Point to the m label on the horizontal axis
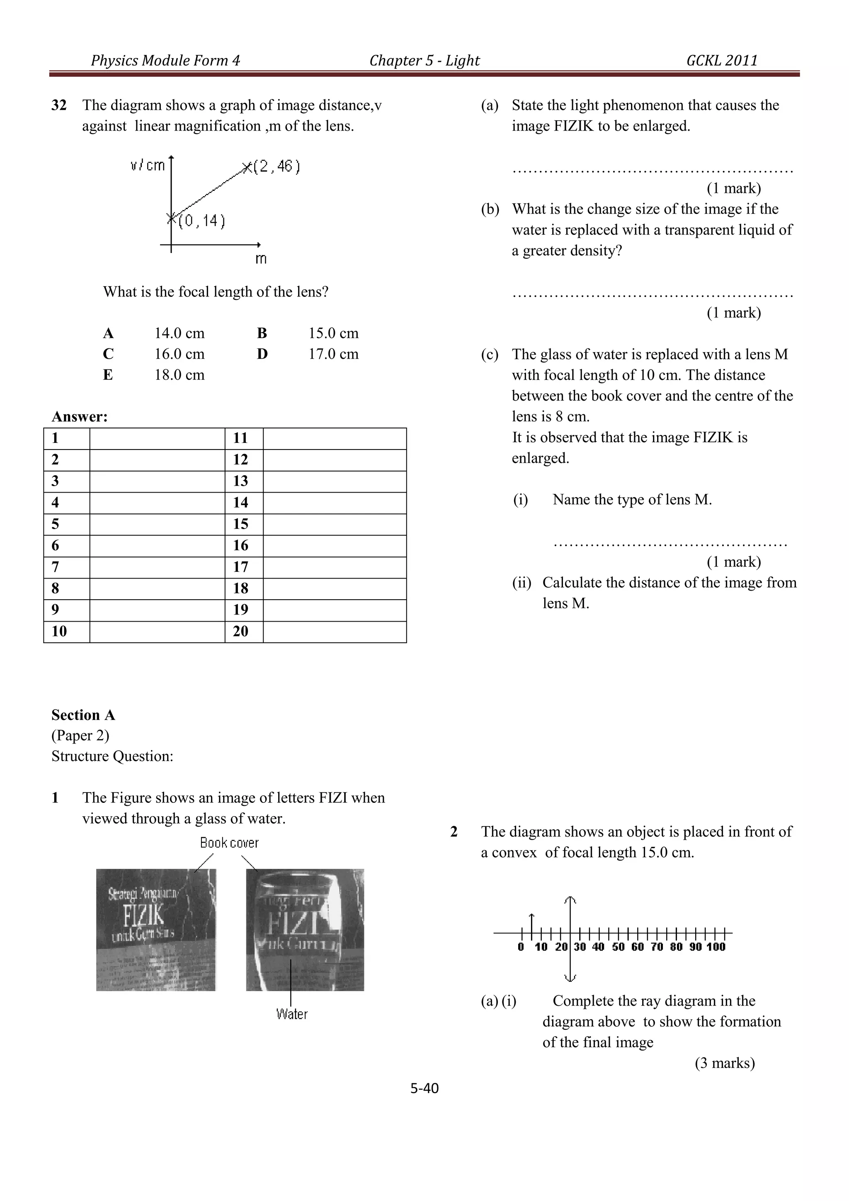click(x=261, y=259)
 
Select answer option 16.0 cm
click(x=180, y=354)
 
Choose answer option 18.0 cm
click(x=180, y=375)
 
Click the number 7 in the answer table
click(x=56, y=567)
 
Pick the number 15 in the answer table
click(x=240, y=524)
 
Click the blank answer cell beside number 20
click(x=335, y=631)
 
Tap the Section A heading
click(x=83, y=715)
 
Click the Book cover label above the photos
click(x=229, y=843)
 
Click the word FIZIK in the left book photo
click(x=144, y=915)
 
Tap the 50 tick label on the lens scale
click(x=618, y=947)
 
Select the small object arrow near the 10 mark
click(x=532, y=923)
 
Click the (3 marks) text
click(x=725, y=1063)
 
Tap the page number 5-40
click(x=424, y=1089)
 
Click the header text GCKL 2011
click(x=721, y=61)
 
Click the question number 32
click(x=59, y=106)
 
